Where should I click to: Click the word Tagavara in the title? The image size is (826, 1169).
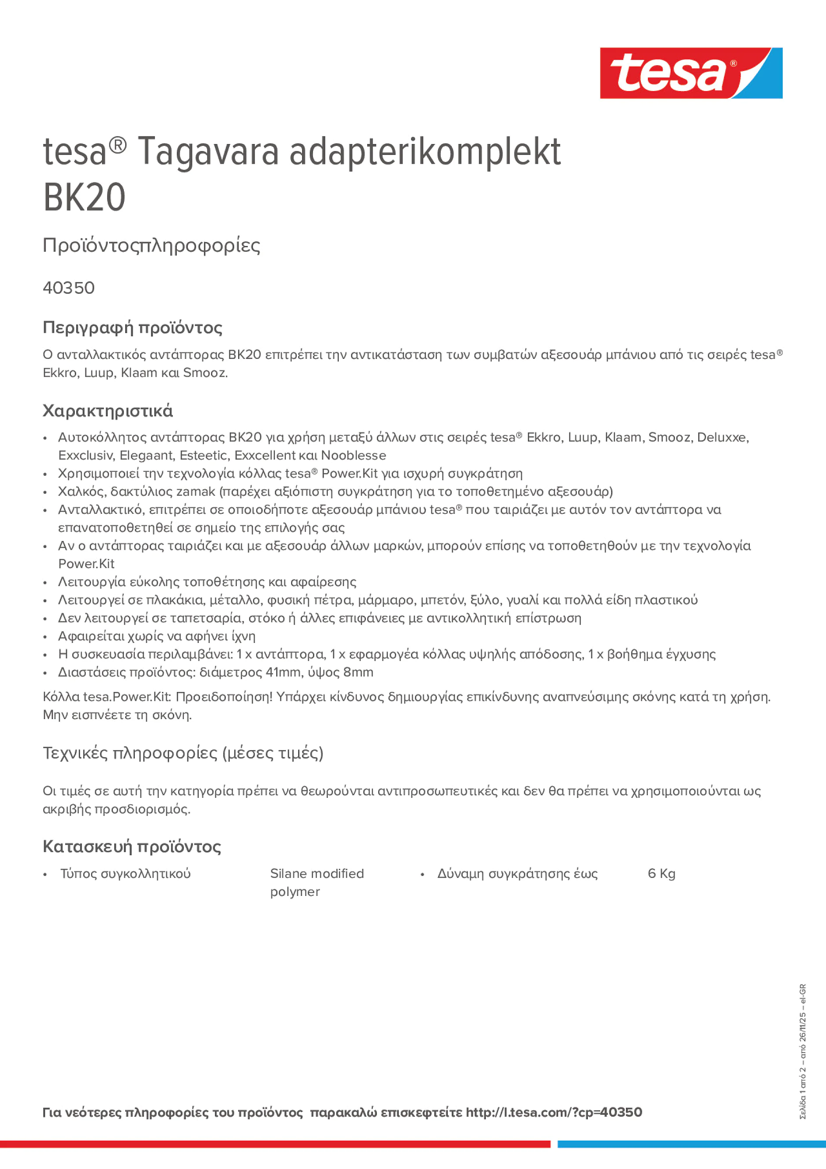(208, 152)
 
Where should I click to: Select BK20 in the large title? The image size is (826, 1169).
(84, 197)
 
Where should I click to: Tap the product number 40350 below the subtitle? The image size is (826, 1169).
(69, 288)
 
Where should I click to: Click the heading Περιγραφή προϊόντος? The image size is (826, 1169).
(132, 328)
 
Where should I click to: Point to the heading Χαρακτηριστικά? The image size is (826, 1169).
(107, 411)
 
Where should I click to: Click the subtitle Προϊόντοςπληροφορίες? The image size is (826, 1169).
(151, 246)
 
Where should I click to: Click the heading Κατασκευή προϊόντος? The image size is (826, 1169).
(132, 847)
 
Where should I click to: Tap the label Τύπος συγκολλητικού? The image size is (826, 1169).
(125, 874)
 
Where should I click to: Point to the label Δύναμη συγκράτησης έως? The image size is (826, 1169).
(517, 874)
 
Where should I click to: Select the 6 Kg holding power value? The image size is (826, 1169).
(661, 874)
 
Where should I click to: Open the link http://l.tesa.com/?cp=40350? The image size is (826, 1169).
(554, 1113)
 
